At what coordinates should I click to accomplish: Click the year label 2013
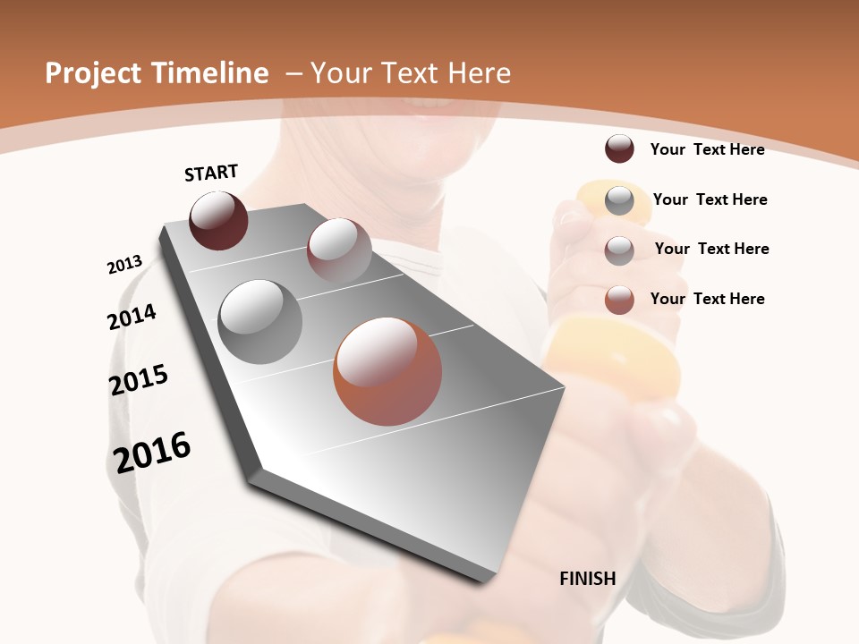[x=124, y=265]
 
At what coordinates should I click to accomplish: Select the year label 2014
[x=132, y=317]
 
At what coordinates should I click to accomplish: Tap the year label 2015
[x=139, y=379]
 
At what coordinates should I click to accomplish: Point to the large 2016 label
[x=152, y=452]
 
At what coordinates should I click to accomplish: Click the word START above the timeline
[x=211, y=173]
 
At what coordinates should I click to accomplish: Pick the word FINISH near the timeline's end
[x=588, y=579]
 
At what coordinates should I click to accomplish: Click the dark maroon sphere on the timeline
[x=218, y=220]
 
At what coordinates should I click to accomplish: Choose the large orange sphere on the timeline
[x=387, y=371]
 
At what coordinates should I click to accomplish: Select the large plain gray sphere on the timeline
[x=260, y=322]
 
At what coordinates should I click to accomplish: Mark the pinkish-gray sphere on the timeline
[x=339, y=250]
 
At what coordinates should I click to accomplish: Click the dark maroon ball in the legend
[x=619, y=148]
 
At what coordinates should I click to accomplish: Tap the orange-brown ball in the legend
[x=619, y=300]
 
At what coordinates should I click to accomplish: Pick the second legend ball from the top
[x=619, y=200]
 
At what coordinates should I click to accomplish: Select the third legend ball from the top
[x=619, y=250]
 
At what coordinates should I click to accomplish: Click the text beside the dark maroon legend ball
[x=707, y=149]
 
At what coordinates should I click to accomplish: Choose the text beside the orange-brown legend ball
[x=707, y=299]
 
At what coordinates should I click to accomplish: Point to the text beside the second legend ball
[x=710, y=199]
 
